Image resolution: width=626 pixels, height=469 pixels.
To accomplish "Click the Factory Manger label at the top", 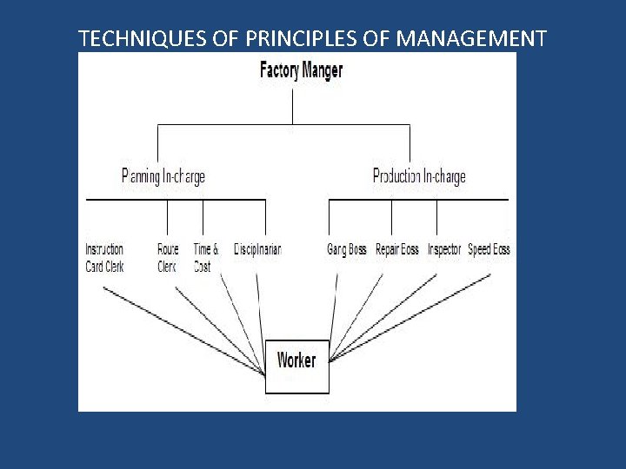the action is (301, 70).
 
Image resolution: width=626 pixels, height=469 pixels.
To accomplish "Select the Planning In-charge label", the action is (163, 177).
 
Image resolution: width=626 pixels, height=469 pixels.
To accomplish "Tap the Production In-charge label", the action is (418, 177).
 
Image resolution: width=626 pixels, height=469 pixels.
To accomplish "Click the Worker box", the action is (296, 360).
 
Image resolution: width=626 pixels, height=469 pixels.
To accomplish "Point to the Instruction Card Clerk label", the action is (104, 258).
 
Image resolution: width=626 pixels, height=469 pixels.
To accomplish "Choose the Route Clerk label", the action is (168, 258).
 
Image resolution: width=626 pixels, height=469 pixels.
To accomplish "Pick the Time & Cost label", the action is (205, 258).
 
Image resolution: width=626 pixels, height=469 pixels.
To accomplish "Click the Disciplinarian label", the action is (257, 250).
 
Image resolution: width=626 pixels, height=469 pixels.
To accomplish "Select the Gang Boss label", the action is (346, 250).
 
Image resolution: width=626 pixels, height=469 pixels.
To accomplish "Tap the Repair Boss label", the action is (396, 250).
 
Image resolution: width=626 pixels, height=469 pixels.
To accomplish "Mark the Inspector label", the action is (444, 250).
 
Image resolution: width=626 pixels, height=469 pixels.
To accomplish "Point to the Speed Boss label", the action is (489, 250).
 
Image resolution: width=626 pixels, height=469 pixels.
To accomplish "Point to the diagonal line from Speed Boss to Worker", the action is (409, 317).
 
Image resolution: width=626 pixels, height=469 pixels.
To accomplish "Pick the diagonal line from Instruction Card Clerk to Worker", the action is (183, 330).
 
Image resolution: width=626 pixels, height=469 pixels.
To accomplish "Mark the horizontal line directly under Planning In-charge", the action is (174, 200).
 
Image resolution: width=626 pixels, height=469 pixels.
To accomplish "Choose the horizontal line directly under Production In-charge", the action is (417, 200).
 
